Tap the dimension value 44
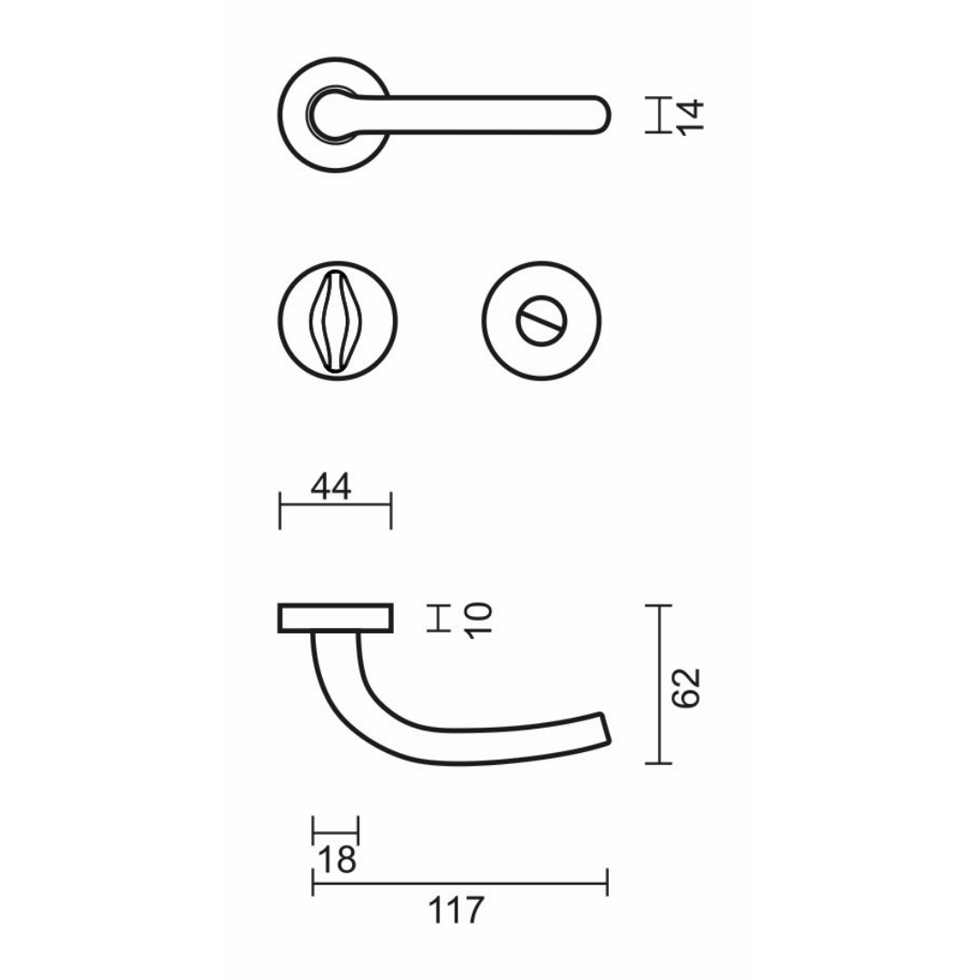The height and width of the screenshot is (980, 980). click(331, 487)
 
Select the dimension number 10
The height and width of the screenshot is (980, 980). click(479, 620)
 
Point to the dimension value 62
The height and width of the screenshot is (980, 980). click(686, 688)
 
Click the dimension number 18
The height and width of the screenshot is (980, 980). click(338, 859)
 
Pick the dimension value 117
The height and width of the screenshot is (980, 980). click(456, 910)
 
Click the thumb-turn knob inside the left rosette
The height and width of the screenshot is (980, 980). click(337, 320)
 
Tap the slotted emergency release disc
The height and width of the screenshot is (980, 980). click(541, 320)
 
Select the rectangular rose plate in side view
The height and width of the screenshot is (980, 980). click(336, 618)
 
